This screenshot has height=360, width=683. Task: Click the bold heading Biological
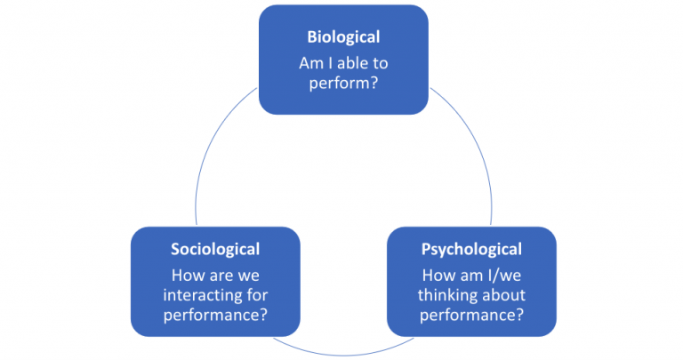[343, 37]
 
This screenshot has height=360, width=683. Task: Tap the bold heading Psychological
[472, 249]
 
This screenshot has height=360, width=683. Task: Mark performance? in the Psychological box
[472, 315]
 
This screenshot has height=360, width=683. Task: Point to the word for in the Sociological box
[259, 294]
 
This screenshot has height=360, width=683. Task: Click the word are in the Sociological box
[218, 273]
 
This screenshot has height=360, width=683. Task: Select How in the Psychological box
[434, 273]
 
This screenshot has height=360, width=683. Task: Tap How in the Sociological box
[183, 273]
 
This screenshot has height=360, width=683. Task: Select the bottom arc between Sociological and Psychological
[342, 353]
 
